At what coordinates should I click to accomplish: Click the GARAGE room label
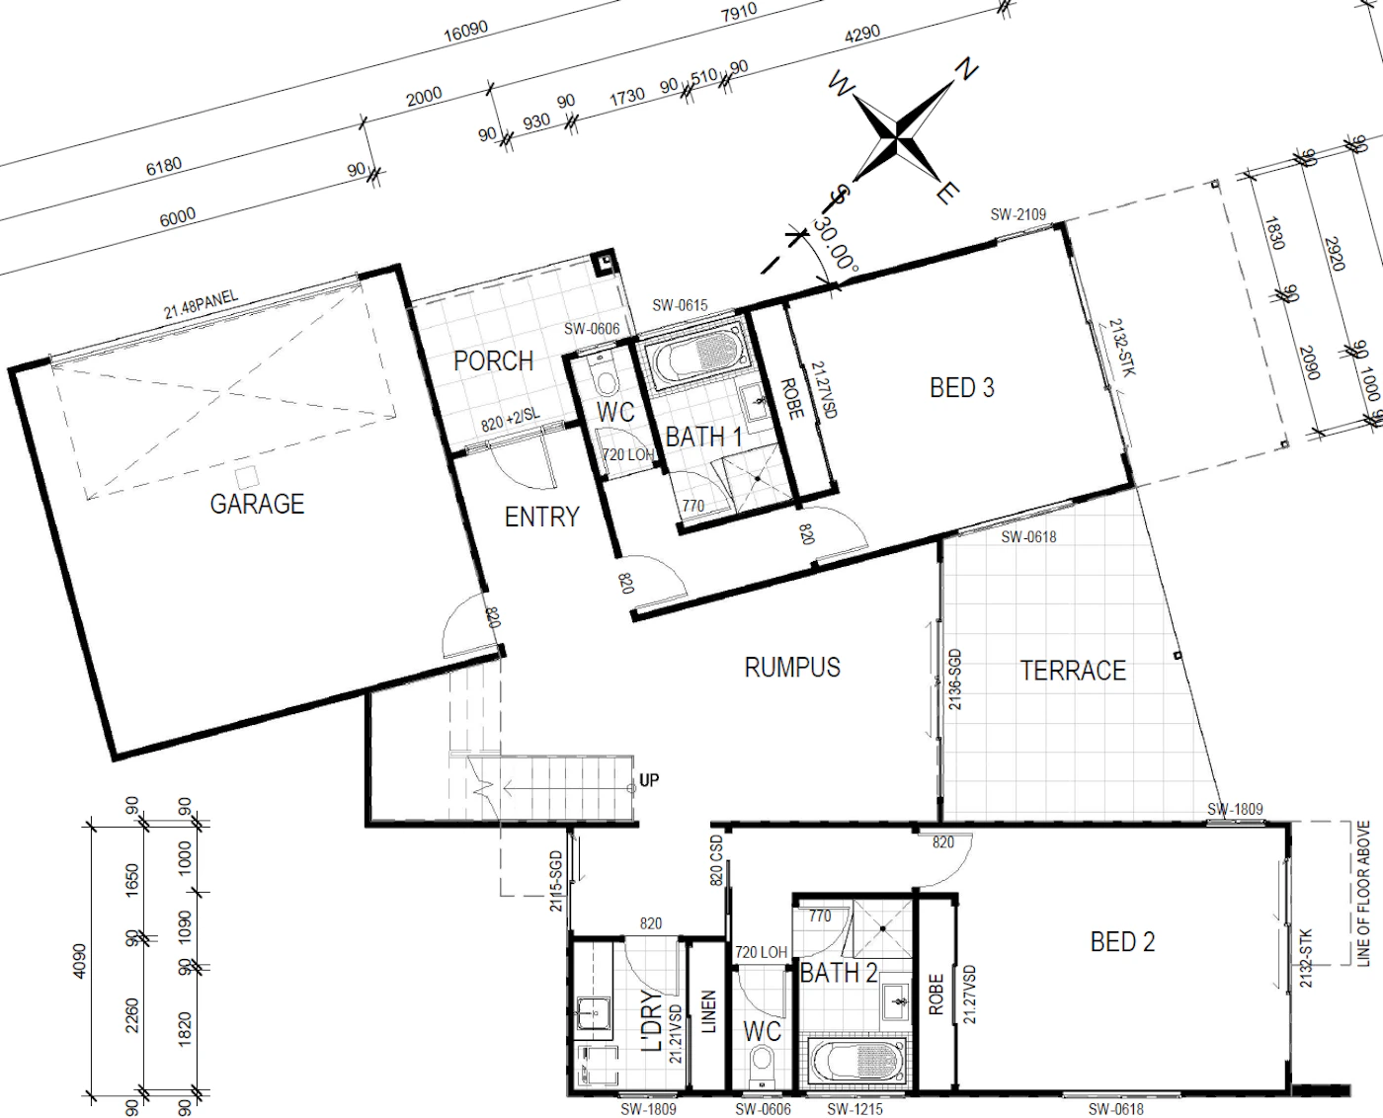[257, 504]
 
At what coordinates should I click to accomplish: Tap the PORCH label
[494, 361]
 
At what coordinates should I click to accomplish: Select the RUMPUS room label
[792, 668]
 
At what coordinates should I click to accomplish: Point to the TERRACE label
[1073, 671]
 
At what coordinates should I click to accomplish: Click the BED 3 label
[961, 387]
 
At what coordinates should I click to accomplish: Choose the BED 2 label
[1122, 942]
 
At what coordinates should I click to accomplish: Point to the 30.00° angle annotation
[836, 250]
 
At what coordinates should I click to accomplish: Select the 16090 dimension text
[465, 32]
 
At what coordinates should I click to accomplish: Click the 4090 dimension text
[79, 962]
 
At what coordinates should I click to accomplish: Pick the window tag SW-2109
[1018, 214]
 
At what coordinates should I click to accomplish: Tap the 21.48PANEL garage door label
[201, 304]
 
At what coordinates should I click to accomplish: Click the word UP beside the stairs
[649, 780]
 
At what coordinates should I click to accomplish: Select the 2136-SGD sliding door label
[954, 679]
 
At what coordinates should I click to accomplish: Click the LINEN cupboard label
[709, 1011]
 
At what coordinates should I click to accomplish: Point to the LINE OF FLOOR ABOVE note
[1363, 894]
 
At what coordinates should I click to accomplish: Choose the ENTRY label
[541, 517]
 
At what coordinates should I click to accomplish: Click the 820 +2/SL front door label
[511, 420]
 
